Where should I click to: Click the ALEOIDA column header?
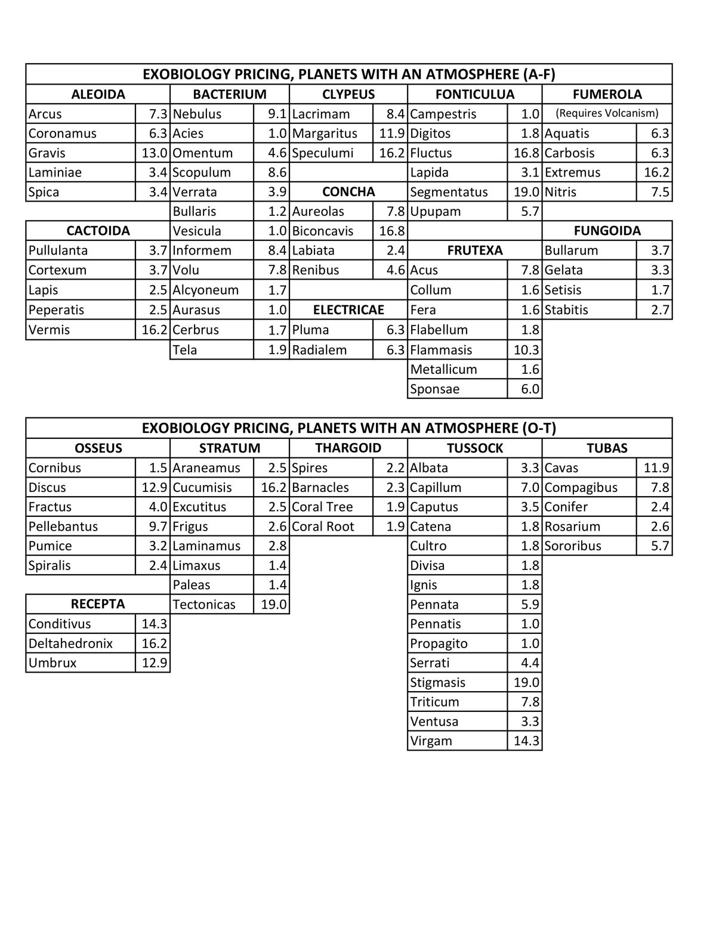[98, 94]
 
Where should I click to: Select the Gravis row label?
[47, 153]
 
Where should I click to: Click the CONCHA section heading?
[348, 192]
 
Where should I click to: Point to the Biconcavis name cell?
[323, 231]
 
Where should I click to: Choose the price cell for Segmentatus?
[526, 192]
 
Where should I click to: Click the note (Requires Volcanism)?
[607, 113]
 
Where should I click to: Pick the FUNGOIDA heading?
[607, 231]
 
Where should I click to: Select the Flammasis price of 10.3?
[526, 350]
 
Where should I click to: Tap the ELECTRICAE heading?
[348, 310]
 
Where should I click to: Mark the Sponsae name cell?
[435, 389]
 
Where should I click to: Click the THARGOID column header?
[348, 448]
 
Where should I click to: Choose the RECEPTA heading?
[98, 604]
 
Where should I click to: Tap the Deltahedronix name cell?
[70, 643]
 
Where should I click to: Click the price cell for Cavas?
[656, 467]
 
